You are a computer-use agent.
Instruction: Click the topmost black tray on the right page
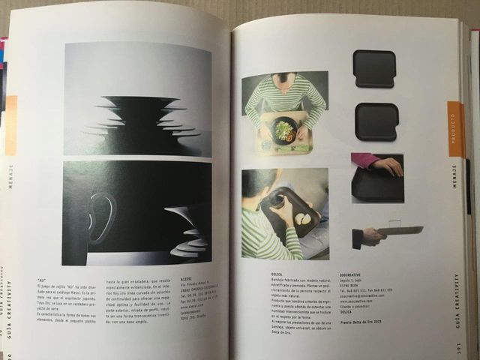[373, 68]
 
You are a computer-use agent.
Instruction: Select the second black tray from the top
[376, 121]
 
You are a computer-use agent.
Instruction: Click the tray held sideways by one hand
[399, 230]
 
